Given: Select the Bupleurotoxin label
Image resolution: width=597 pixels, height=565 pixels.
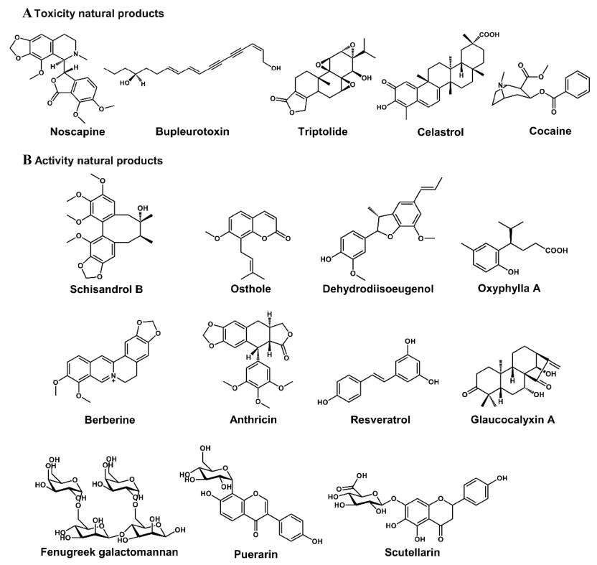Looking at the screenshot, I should [x=195, y=132].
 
